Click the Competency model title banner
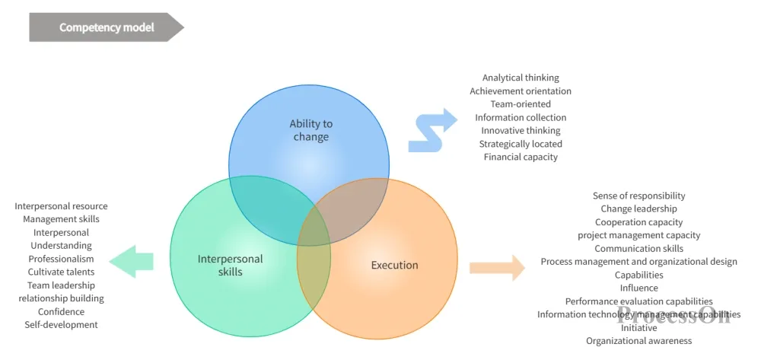pos(107,27)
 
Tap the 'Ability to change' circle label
pos(311,130)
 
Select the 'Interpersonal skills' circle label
pos(230,265)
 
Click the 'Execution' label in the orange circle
pos(394,265)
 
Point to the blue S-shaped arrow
pos(432,130)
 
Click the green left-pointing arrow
pos(131,262)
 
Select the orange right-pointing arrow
pos(497,268)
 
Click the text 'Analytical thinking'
pos(521,78)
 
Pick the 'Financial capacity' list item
pos(521,157)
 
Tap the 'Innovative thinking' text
pos(521,130)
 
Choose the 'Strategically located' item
pos(521,144)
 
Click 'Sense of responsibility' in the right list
pos(638,196)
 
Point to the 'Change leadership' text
pos(638,209)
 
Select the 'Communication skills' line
pos(638,248)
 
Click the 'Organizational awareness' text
pos(638,341)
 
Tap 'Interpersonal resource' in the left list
pos(61,206)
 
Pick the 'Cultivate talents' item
pos(61,272)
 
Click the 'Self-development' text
pos(61,324)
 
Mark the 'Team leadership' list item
pos(61,285)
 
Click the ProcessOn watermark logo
pos(673,315)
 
